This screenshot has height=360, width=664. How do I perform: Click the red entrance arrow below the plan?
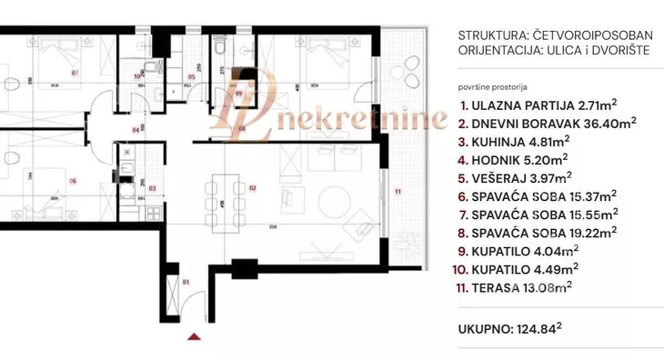pyautogui.click(x=192, y=339)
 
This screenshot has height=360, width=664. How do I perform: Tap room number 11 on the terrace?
pyautogui.click(x=397, y=192)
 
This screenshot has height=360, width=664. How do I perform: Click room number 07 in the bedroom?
pyautogui.click(x=74, y=72)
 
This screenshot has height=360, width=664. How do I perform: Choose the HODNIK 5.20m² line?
pyautogui.click(x=510, y=161)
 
